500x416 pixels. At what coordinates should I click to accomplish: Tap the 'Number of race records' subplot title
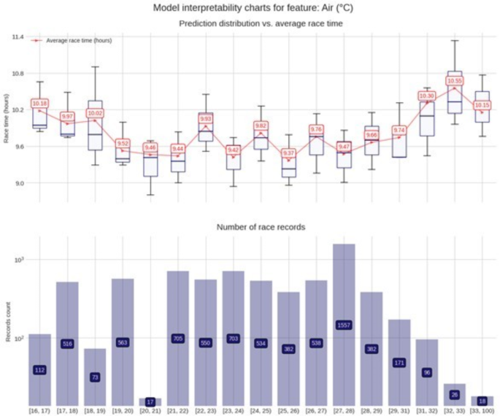tap(261, 227)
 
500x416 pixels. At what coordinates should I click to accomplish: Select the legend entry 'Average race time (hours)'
tap(78, 40)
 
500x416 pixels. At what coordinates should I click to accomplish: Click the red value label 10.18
tap(39, 104)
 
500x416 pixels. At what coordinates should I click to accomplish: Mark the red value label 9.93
tap(206, 118)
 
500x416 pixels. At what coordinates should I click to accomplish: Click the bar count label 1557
tap(344, 325)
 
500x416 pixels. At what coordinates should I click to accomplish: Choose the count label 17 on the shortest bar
tap(150, 401)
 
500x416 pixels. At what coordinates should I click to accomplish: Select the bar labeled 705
tap(177, 339)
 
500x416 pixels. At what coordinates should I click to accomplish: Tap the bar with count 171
tap(399, 362)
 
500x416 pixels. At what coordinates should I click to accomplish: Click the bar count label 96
tap(427, 372)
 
